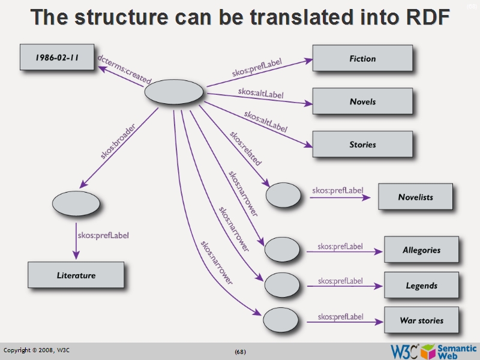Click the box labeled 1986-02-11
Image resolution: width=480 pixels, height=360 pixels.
click(58, 58)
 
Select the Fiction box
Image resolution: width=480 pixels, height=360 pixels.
click(362, 58)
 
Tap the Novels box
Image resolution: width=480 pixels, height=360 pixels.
click(362, 101)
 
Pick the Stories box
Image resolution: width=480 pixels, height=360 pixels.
click(362, 144)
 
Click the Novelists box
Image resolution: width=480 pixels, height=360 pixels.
click(415, 197)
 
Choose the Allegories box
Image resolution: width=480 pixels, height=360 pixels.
click(421, 250)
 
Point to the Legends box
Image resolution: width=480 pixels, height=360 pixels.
click(421, 286)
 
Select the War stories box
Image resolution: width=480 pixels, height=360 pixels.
click(421, 320)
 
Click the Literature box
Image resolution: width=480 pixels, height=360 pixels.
click(76, 275)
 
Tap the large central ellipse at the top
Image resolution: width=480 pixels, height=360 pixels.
click(174, 92)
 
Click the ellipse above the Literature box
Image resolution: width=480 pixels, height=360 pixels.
click(76, 203)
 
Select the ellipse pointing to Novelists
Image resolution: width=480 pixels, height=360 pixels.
click(283, 195)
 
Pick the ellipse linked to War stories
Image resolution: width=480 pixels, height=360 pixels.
click(281, 319)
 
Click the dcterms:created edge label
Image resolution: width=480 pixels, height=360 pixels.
click(125, 70)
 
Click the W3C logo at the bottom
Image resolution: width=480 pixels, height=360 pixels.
click(404, 350)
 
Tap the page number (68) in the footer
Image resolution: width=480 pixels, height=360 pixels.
click(240, 351)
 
